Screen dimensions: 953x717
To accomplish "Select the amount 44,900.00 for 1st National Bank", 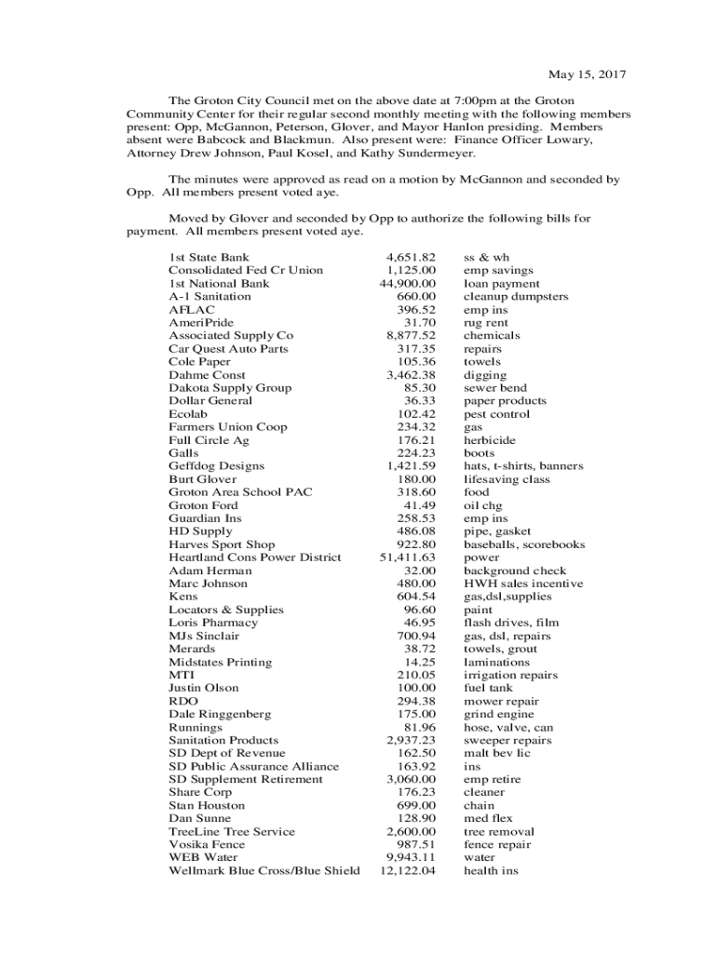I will coord(407,283).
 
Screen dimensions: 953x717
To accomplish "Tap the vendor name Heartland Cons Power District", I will coord(254,557).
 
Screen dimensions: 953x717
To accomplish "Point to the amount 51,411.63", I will coord(407,557).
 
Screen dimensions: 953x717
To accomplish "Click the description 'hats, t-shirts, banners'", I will coord(523,466).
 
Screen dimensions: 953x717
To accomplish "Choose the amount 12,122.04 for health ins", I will coord(407,871).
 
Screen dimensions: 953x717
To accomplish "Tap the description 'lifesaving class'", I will coord(507,479).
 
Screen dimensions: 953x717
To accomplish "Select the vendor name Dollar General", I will coord(210,401).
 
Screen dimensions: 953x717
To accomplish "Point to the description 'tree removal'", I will coord(498,832).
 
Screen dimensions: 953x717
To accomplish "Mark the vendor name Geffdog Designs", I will coord(216,466).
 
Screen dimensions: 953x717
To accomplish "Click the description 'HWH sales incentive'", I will coord(523,584).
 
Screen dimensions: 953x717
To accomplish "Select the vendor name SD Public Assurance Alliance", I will coord(253,767).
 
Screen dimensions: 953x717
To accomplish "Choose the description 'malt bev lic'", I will coord(496,753).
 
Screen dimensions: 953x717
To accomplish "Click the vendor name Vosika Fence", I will coord(207,845).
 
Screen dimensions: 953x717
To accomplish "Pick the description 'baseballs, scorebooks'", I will coord(524,544).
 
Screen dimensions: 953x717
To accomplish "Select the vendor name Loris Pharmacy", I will coord(213,623).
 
